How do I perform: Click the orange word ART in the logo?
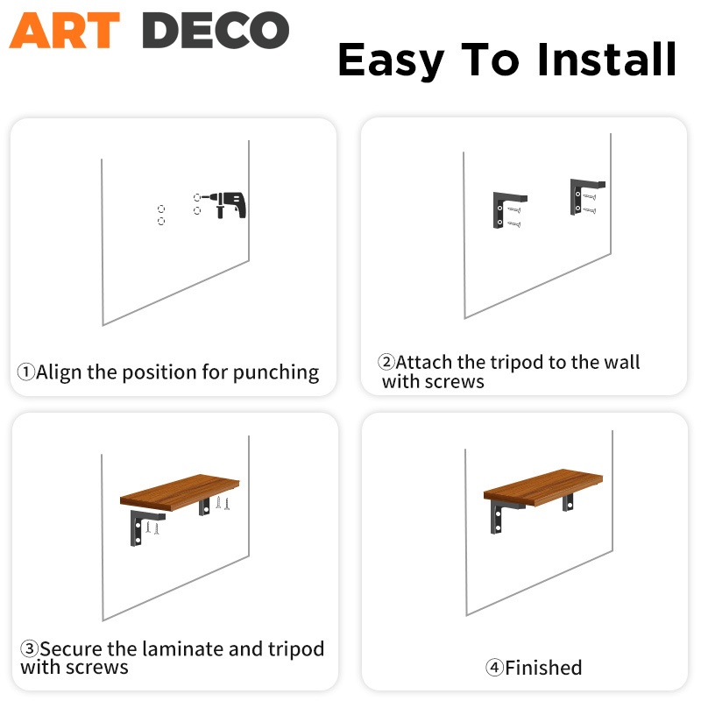click(x=65, y=30)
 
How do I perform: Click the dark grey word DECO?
click(x=216, y=30)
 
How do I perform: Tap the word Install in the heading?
click(x=606, y=59)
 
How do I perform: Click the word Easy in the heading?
click(x=391, y=61)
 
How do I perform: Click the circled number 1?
click(x=26, y=372)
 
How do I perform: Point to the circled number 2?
click(x=386, y=362)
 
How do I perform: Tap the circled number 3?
click(x=30, y=648)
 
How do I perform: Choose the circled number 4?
click(x=494, y=668)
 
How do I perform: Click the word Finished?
click(x=543, y=668)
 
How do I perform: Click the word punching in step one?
click(x=276, y=372)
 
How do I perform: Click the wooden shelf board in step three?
click(x=180, y=492)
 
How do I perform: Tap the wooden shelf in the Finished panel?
click(x=543, y=487)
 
